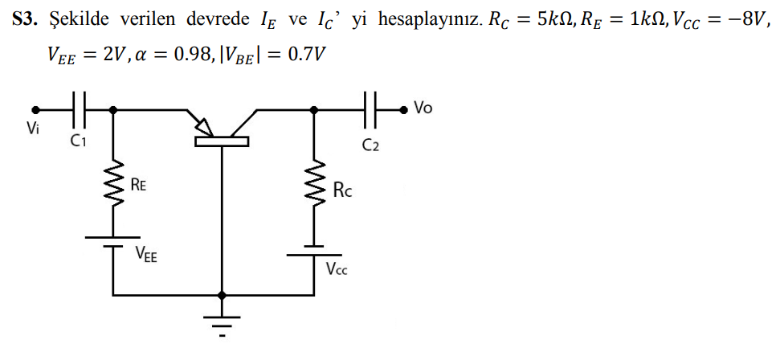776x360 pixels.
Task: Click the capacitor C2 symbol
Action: click(x=370, y=108)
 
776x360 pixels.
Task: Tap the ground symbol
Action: click(x=221, y=321)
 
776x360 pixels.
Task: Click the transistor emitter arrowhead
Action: click(x=204, y=127)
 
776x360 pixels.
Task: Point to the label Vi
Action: click(x=33, y=129)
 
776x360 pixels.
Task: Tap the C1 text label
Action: click(x=78, y=141)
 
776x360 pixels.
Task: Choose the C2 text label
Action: click(x=370, y=145)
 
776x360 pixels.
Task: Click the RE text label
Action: click(x=138, y=186)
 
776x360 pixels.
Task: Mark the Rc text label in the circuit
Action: click(x=341, y=190)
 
